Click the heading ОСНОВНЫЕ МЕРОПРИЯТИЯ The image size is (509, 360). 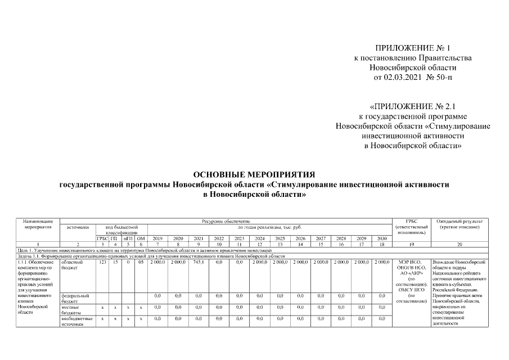pos(254,174)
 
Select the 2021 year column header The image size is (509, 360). pos(199,238)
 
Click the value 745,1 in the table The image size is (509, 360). pos(199,262)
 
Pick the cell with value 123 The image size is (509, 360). pos(102,262)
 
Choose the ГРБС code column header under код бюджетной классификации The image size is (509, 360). pos(102,238)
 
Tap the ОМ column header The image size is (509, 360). pos(141,238)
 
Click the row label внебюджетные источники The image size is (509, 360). pos(72,321)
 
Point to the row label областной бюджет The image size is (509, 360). pos(71,265)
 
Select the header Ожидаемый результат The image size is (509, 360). pos(460,222)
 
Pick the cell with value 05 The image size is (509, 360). pos(141,262)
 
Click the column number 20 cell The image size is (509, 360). pos(460,245)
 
